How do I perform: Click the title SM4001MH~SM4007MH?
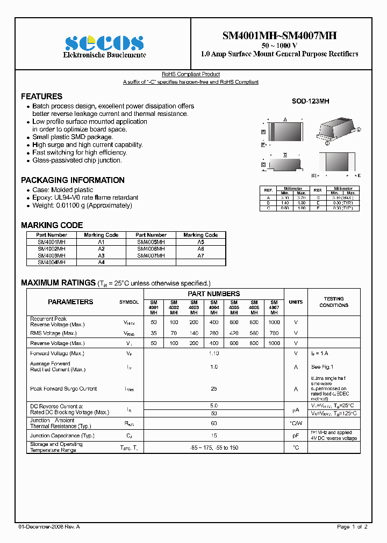(279, 36)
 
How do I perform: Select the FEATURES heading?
(41, 97)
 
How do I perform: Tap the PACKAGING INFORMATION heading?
(73, 180)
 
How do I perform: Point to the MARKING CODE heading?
(52, 225)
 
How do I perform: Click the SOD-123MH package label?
(310, 101)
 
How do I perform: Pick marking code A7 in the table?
(200, 256)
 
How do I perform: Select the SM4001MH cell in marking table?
(52, 242)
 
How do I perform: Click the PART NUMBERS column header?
(213, 294)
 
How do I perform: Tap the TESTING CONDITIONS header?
(334, 302)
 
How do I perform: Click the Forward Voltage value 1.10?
(213, 354)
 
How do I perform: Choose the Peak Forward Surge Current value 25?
(213, 388)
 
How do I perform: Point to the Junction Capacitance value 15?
(213, 436)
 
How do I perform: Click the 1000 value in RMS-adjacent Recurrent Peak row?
(274, 322)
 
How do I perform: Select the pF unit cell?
(296, 436)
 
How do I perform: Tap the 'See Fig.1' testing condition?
(322, 367)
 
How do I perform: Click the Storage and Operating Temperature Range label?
(56, 447)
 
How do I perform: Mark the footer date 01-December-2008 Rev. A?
(49, 527)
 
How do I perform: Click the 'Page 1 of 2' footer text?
(352, 527)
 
